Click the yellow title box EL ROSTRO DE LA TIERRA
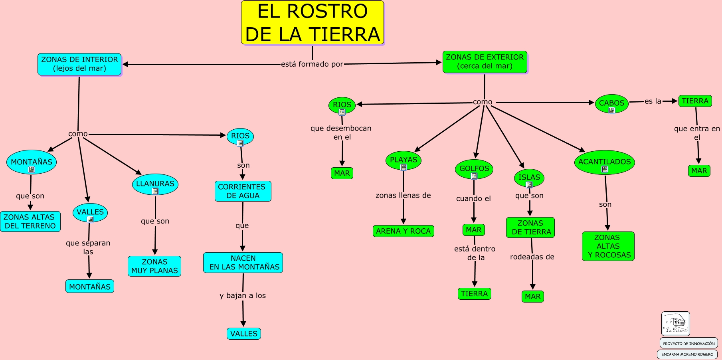click(313, 22)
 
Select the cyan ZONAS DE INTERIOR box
click(79, 64)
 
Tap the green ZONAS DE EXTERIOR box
click(485, 62)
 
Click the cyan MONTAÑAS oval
click(32, 162)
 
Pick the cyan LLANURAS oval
click(155, 184)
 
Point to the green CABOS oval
click(612, 104)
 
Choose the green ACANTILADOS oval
click(605, 162)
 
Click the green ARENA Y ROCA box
click(404, 231)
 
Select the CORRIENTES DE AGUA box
click(243, 191)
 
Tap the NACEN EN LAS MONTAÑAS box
click(243, 263)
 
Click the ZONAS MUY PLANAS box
click(154, 266)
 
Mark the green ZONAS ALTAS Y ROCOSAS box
click(608, 246)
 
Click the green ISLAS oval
click(529, 178)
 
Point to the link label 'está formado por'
click(312, 64)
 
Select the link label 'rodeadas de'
click(532, 257)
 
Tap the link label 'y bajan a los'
click(243, 296)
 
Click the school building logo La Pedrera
click(676, 324)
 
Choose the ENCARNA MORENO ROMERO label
click(687, 354)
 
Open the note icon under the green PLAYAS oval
click(404, 167)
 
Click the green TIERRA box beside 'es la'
click(695, 101)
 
